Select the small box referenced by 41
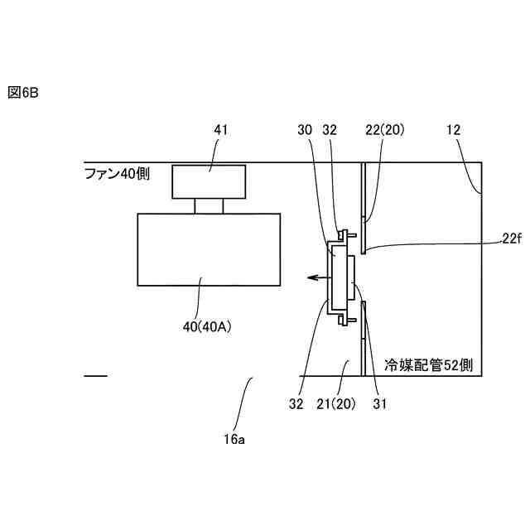point(209,181)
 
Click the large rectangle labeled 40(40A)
point(210,248)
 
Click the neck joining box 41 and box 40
point(209,205)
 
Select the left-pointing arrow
point(312,279)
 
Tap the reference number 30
point(304,129)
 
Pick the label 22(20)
point(384,129)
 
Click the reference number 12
point(453,129)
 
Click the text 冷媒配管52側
point(429,364)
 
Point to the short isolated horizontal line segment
point(95,377)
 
